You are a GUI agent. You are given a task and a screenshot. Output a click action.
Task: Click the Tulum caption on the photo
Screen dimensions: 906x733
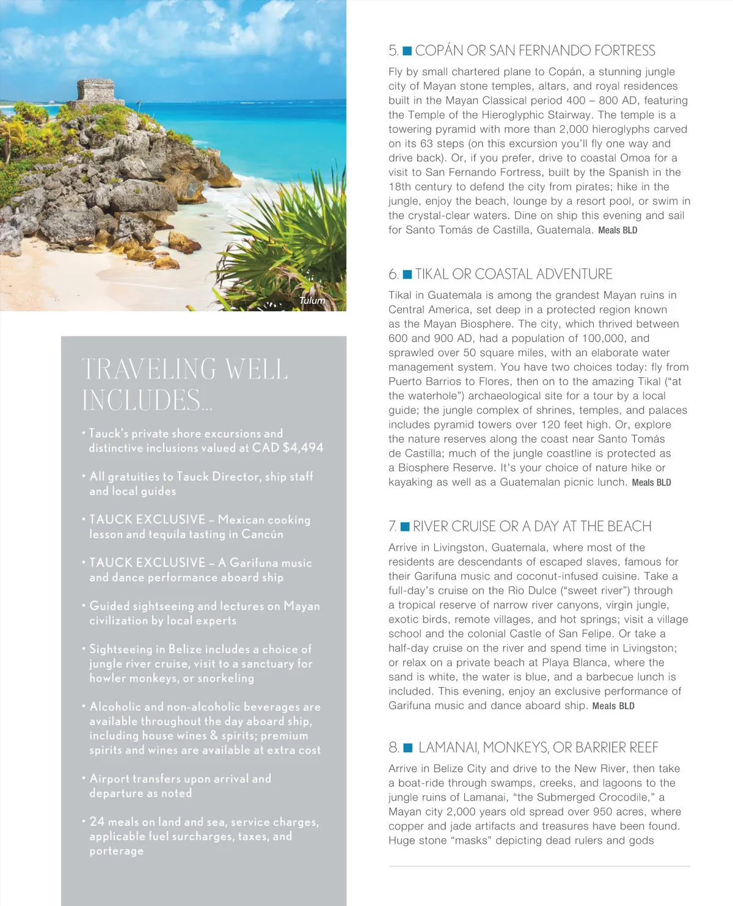click(x=312, y=300)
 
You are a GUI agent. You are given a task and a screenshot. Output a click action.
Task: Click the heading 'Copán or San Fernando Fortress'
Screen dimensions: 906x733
click(x=535, y=51)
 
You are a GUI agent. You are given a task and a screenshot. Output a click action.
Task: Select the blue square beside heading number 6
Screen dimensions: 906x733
click(x=407, y=274)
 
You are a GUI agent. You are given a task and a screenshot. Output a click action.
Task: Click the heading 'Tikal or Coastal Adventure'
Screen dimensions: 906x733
click(x=514, y=274)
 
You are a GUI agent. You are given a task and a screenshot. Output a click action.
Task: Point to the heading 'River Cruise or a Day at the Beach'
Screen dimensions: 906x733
click(x=532, y=526)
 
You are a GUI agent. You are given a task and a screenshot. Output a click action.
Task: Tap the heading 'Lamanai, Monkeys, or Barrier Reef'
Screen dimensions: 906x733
click(x=538, y=748)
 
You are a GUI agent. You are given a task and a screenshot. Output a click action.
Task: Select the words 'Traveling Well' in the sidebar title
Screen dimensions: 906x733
click(x=184, y=369)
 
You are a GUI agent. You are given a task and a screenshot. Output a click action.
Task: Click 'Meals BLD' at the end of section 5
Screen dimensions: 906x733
click(x=618, y=230)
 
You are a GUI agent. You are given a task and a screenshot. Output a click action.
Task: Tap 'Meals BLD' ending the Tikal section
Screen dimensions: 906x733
click(x=651, y=483)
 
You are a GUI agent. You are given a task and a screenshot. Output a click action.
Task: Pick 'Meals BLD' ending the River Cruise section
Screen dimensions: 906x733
click(x=613, y=706)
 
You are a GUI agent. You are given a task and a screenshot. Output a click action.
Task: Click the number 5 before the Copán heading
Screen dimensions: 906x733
click(x=393, y=51)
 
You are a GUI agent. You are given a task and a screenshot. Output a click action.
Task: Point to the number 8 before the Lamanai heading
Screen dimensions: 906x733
click(x=393, y=748)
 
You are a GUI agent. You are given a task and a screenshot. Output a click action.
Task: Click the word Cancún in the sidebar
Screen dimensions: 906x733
click(x=262, y=534)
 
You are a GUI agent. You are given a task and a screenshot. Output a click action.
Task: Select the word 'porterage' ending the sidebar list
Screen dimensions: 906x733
click(x=117, y=851)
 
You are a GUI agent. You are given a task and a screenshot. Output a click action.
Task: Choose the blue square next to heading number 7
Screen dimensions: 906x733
click(x=405, y=526)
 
